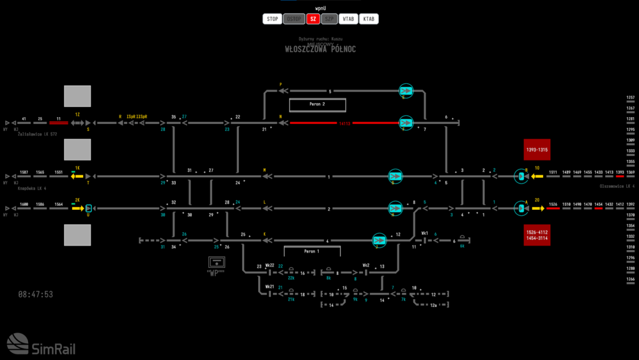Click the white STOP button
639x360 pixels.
272,19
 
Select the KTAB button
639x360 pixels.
369,19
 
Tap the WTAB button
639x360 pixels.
348,19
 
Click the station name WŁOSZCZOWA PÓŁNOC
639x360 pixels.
320,49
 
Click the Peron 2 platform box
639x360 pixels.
318,104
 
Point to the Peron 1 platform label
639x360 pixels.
311,251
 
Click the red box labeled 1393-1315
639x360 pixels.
537,150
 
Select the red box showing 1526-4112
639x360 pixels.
537,235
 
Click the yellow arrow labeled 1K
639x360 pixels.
77,176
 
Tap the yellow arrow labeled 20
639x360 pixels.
537,208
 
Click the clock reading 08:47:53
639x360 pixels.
36,295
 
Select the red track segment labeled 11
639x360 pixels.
59,123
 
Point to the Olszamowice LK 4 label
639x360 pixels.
616,186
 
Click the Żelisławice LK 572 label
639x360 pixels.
37,134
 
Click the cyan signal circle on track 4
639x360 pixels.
380,240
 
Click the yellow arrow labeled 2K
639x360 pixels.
77,208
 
